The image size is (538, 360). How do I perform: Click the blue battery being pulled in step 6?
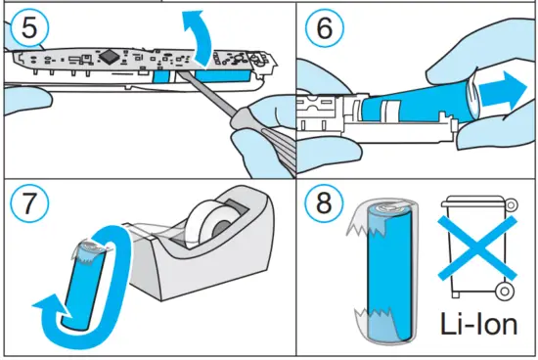pyautogui.click(x=411, y=102)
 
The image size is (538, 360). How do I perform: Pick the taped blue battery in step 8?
pyautogui.click(x=386, y=274)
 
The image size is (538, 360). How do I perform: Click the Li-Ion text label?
pyautogui.click(x=479, y=324)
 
